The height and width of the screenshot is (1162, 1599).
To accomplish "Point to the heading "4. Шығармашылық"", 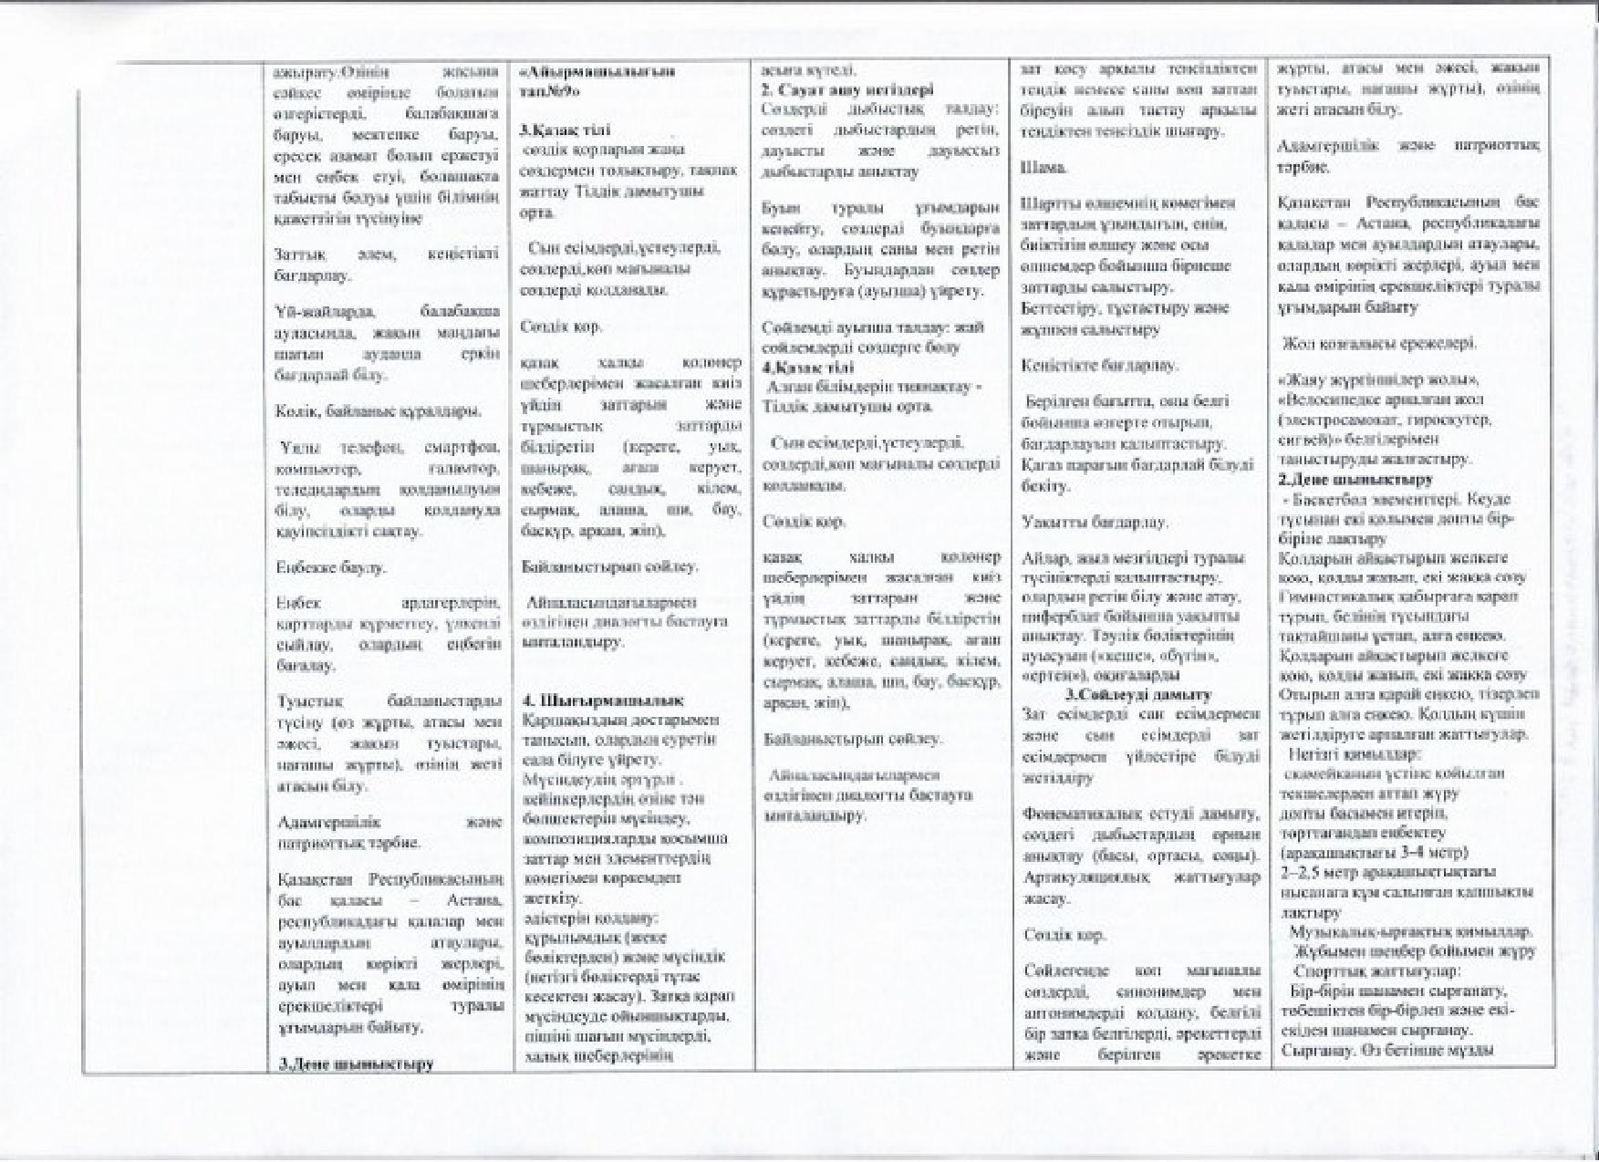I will coord(602,700).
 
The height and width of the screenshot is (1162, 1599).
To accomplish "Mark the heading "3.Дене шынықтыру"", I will coord(355,1063).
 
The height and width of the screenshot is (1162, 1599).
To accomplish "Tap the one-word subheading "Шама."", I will coord(1044,169).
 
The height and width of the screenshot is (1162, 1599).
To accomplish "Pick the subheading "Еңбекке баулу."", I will coord(318,566).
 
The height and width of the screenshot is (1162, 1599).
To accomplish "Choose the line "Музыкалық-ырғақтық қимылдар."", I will coord(1410,931).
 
